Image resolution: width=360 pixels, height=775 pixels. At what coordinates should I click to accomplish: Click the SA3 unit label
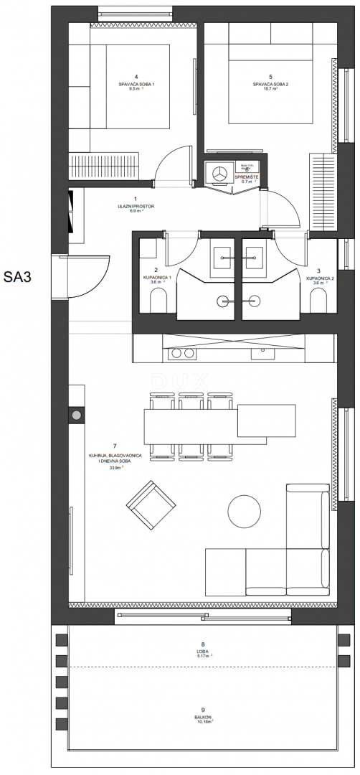(21, 276)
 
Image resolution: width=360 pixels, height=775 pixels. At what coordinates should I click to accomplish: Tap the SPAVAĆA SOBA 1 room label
(136, 85)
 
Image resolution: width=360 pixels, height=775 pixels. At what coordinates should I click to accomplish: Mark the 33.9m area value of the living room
(115, 467)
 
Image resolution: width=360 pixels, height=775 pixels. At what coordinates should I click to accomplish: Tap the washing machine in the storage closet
(218, 172)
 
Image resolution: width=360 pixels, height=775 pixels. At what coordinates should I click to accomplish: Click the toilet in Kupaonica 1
(156, 304)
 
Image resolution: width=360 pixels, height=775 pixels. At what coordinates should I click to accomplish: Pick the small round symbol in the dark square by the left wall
(76, 415)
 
